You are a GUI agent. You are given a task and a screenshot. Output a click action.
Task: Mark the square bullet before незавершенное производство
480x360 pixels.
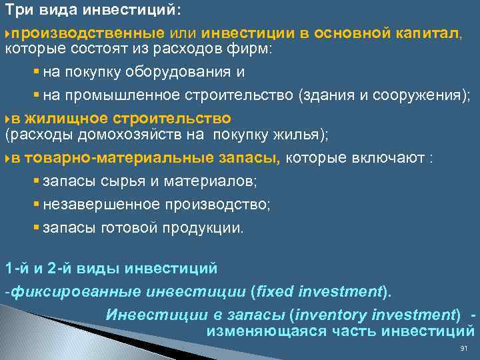[x=36, y=204]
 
